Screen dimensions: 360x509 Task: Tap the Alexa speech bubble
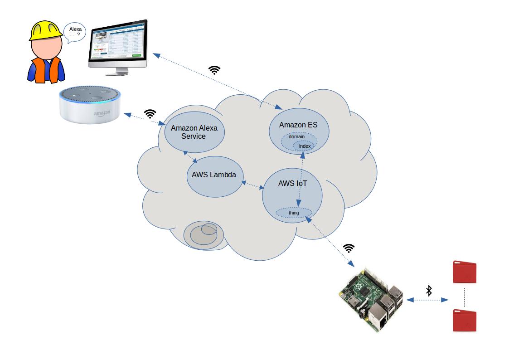75,33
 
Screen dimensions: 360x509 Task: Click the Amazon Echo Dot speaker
91,105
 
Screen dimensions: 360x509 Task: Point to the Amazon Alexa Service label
194,132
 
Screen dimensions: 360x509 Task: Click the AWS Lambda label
211,175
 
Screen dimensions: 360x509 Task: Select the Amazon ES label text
298,125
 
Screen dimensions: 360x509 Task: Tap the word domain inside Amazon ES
296,136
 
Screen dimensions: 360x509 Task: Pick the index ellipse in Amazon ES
304,146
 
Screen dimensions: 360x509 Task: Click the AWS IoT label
292,184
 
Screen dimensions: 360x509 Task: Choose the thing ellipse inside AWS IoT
294,212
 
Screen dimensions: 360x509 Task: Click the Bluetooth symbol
429,291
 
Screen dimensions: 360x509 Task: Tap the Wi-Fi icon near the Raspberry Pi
349,248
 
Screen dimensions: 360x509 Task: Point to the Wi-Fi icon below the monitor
214,70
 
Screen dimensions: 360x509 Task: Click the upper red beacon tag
465,272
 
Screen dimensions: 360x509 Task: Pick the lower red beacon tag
465,320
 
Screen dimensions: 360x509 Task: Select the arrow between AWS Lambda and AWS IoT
253,185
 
